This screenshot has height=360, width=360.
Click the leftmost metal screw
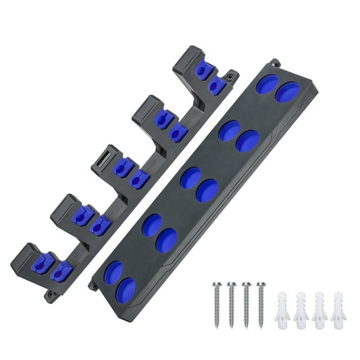(x=217, y=304)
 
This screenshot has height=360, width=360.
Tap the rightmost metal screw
(x=261, y=304)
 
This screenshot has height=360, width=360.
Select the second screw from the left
(x=232, y=304)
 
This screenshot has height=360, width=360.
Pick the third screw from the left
(x=247, y=304)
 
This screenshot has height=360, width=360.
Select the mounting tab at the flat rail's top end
(x=274, y=63)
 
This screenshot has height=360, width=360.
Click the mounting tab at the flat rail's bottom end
(x=94, y=286)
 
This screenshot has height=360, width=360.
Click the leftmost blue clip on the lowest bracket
(x=42, y=264)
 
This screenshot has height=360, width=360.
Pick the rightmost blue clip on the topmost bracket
(x=217, y=86)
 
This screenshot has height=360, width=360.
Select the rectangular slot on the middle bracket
(x=107, y=153)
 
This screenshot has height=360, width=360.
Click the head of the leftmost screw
(x=217, y=286)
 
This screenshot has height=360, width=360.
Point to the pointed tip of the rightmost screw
(x=261, y=326)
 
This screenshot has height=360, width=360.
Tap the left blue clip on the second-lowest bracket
(x=82, y=216)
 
